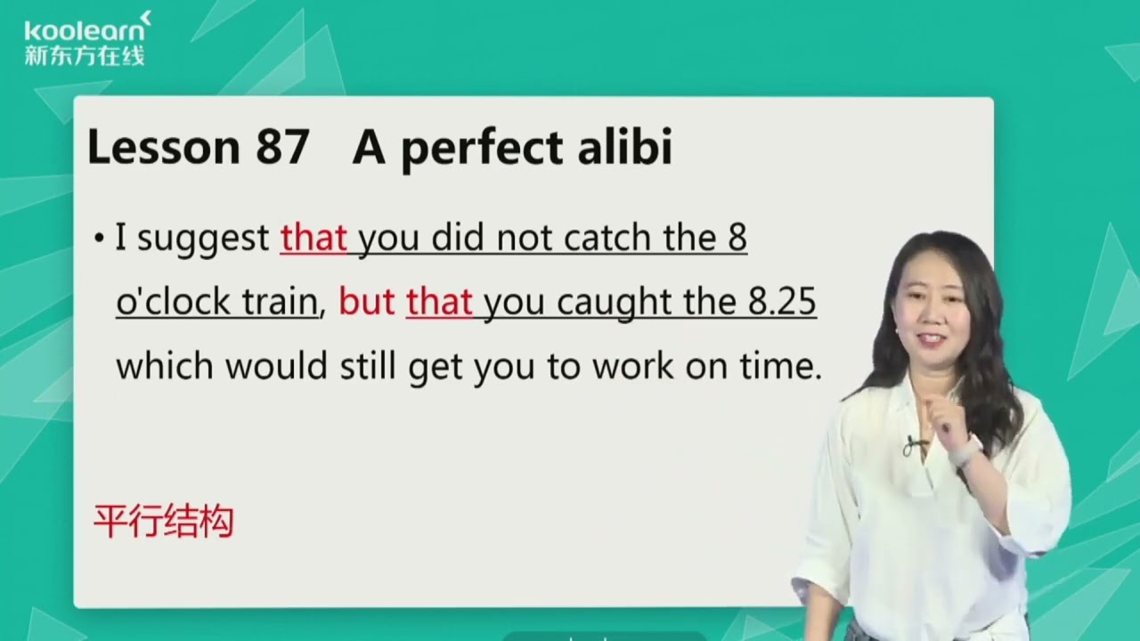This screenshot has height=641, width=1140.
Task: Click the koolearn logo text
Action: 86,30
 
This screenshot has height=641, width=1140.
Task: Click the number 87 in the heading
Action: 282,148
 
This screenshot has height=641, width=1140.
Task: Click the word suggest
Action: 203,239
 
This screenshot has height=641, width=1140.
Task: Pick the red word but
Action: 367,304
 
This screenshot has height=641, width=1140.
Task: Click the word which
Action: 165,367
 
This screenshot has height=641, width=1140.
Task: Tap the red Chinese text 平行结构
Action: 164,522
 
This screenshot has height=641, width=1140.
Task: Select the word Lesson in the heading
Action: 161,148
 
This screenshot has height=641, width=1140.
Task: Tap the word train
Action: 280,304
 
